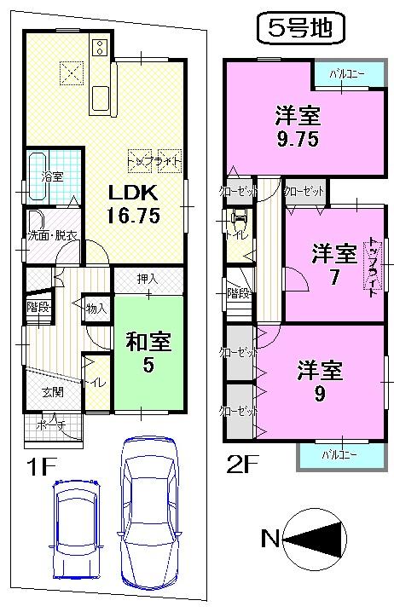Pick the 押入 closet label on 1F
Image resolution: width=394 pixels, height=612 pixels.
click(x=148, y=280)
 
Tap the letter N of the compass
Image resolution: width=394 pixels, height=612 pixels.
click(x=270, y=539)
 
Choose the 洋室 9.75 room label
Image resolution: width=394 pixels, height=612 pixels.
click(x=297, y=126)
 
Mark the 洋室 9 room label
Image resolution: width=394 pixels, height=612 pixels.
click(x=320, y=382)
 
